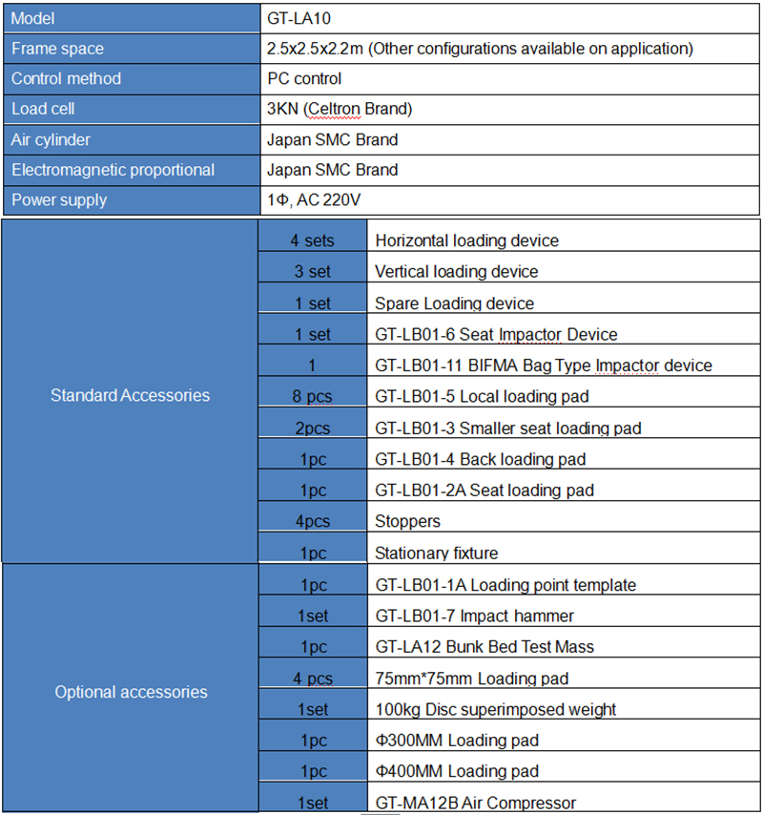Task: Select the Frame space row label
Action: click(57, 48)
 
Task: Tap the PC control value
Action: click(304, 78)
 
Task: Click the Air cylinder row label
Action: click(51, 139)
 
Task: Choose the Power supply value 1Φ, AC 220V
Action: click(315, 199)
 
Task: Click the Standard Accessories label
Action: click(130, 395)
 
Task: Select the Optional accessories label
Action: click(131, 692)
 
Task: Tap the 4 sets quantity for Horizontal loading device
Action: click(313, 240)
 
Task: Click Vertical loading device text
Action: click(456, 272)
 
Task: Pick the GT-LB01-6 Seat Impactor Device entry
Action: click(496, 334)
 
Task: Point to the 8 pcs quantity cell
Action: click(313, 396)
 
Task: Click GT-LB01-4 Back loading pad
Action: click(480, 459)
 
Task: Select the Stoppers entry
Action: click(407, 521)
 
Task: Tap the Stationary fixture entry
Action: click(436, 553)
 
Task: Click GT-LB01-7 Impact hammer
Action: click(474, 616)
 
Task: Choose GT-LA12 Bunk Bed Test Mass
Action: click(485, 646)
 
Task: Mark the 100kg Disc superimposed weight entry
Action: click(495, 709)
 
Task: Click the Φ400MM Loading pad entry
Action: click(457, 771)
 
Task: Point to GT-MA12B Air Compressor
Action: click(475, 803)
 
